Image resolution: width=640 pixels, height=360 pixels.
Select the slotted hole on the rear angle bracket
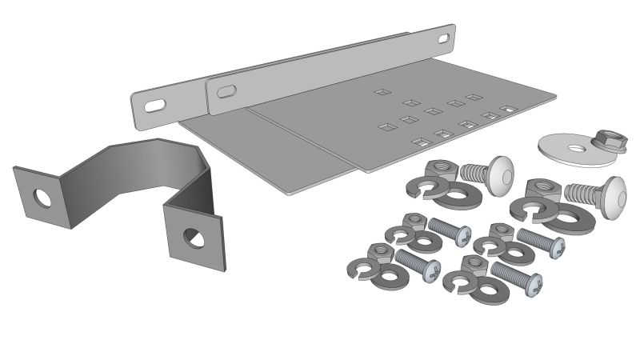tap(155, 105)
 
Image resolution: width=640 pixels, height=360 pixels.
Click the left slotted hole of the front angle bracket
tap(226, 90)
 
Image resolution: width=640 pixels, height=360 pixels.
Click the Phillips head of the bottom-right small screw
tap(534, 283)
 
